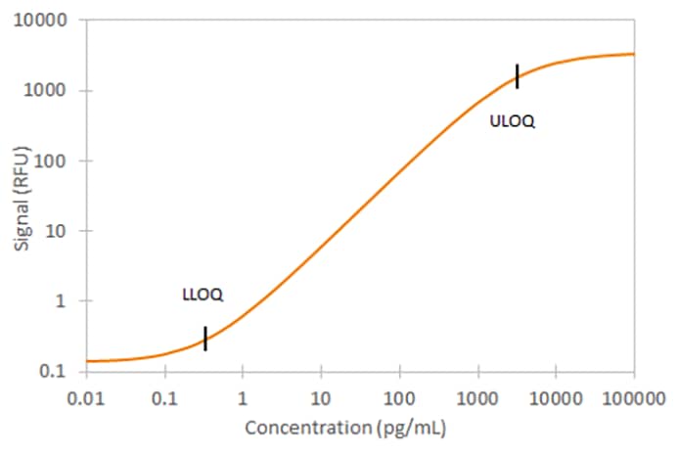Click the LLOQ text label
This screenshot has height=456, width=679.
coord(203,294)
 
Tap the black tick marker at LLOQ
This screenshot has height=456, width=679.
coord(204,338)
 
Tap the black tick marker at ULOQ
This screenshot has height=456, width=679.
coord(517,75)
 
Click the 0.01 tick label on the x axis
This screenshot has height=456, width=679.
coord(86,399)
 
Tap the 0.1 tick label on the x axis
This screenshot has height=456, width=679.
coord(164,399)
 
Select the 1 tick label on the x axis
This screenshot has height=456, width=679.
coord(243,399)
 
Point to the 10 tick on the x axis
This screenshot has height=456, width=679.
coord(321,399)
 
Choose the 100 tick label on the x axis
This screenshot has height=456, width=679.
coord(399,399)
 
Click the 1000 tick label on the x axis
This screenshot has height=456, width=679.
coord(477,399)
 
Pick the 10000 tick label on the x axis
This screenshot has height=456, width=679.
coord(556,399)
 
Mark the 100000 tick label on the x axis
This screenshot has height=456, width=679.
coord(632,399)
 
